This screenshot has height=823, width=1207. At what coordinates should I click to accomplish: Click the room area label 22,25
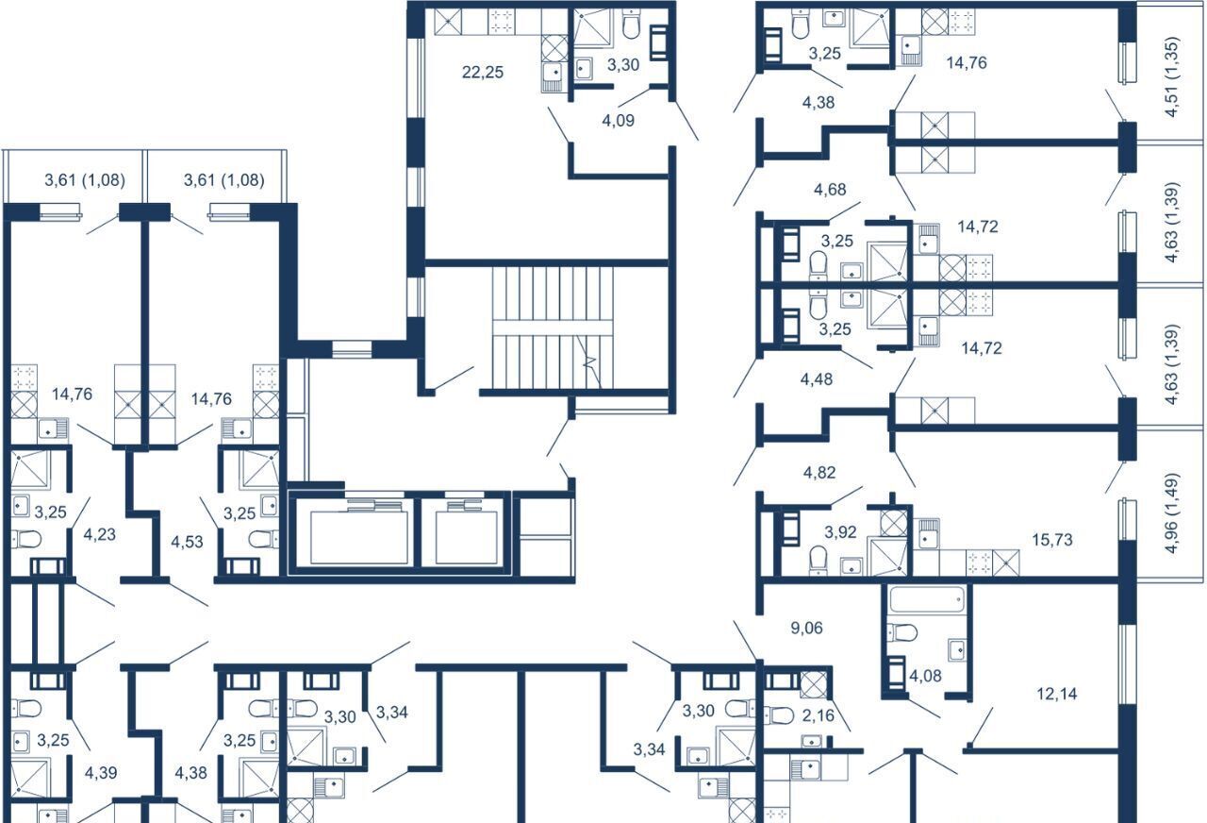pyautogui.click(x=482, y=72)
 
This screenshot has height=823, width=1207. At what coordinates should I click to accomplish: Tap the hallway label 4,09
pyautogui.click(x=618, y=120)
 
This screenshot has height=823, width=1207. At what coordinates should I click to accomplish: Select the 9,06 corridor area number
pyautogui.click(x=806, y=628)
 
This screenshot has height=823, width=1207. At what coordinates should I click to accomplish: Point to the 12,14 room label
pyautogui.click(x=1057, y=694)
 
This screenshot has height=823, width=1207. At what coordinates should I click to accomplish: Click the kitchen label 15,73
pyautogui.click(x=1051, y=539)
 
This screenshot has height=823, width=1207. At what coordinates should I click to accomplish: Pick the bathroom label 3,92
pyautogui.click(x=840, y=532)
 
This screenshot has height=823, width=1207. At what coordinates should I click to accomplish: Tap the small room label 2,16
pyautogui.click(x=818, y=715)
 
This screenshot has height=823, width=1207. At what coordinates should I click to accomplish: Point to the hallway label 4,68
pyautogui.click(x=830, y=190)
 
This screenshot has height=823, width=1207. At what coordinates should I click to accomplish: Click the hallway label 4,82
pyautogui.click(x=819, y=473)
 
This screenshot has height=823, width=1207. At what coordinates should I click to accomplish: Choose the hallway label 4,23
pyautogui.click(x=100, y=534)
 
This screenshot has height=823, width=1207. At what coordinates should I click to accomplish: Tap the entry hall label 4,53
pyautogui.click(x=187, y=542)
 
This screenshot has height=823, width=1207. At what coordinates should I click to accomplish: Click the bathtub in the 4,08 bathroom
pyautogui.click(x=927, y=599)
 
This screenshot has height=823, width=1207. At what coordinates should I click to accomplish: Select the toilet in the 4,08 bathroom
pyautogui.click(x=901, y=632)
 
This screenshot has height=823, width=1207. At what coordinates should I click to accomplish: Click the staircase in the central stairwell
pyautogui.click(x=553, y=328)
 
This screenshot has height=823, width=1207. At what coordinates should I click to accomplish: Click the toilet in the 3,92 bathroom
pyautogui.click(x=818, y=560)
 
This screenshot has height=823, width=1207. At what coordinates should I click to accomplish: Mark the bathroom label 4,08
pyautogui.click(x=925, y=675)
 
